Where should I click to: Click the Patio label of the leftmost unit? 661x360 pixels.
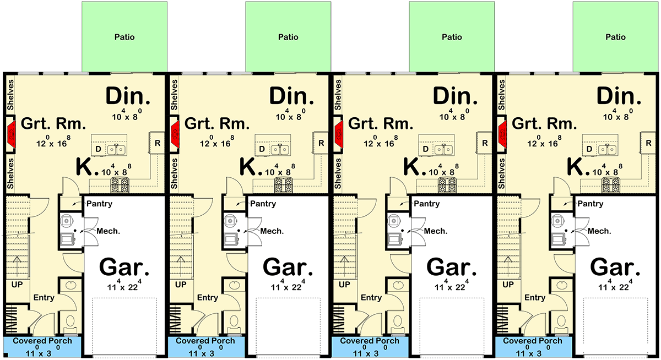124,37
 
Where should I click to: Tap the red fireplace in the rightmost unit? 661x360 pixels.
502,135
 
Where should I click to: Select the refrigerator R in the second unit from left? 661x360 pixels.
321,143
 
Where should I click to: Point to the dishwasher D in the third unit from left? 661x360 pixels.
425,149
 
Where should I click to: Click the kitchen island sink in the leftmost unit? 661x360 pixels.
116,150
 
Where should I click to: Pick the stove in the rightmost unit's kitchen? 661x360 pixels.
610,185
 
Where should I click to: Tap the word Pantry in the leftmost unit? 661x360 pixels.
100,204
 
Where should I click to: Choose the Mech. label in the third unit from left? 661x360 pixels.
436,231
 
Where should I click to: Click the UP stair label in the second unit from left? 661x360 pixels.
181,285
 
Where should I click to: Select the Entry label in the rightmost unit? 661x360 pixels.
535,298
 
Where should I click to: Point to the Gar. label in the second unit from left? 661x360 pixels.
288,267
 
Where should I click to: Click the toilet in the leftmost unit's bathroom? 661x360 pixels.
71,324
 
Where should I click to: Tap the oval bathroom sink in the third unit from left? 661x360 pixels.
398,285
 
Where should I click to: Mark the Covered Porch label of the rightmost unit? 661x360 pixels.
532,341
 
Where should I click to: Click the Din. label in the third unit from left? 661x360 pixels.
455,96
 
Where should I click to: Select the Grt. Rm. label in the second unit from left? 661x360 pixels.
217,123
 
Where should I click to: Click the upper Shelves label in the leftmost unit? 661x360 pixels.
10,95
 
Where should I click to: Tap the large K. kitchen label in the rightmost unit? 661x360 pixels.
578,167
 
